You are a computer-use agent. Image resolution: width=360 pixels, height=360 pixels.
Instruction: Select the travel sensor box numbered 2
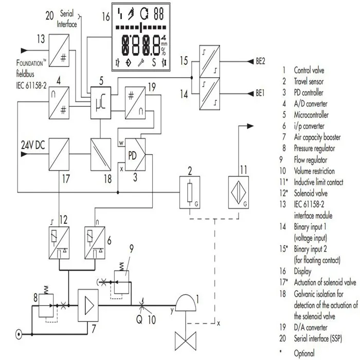(x=190, y=192)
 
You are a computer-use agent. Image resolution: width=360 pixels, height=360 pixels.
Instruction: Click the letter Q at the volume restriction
(x=139, y=318)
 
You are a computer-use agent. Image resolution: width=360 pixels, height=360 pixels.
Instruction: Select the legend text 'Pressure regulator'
(x=314, y=149)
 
